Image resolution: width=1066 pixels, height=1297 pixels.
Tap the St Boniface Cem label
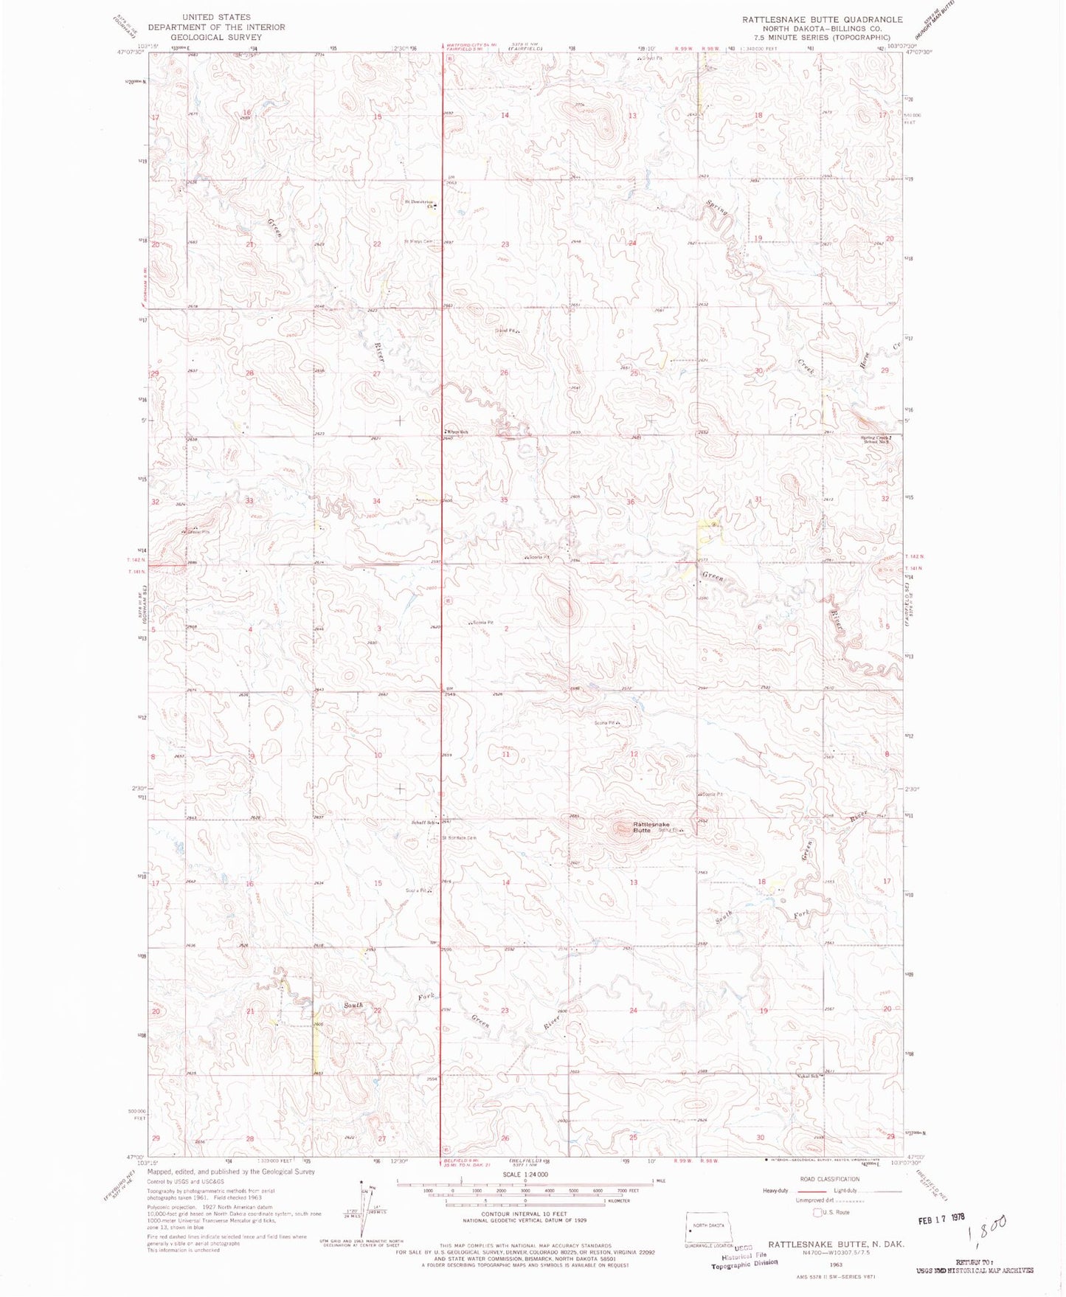coord(459,837)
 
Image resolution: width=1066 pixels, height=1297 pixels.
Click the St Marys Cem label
coord(418,241)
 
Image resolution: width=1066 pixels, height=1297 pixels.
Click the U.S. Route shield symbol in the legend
coord(817,1212)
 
